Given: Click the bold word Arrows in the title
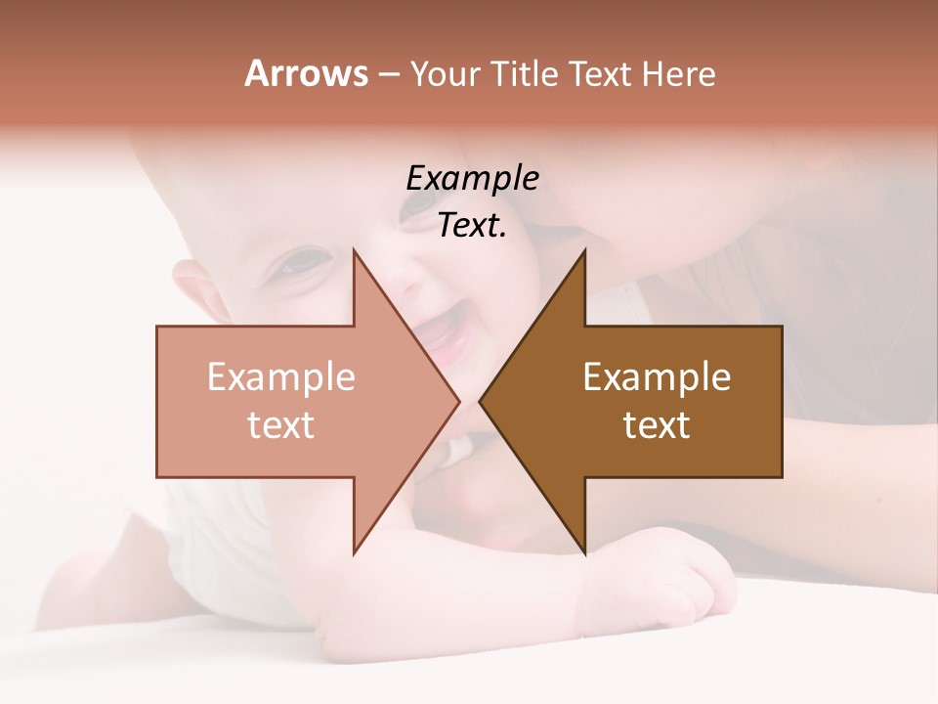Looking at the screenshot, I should click(307, 73).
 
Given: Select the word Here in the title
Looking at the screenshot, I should click(678, 74).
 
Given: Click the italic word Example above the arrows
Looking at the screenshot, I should click(472, 179).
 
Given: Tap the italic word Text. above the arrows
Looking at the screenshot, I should click(472, 226).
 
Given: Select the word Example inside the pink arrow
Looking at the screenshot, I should click(281, 376).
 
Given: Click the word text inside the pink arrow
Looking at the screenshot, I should click(281, 424).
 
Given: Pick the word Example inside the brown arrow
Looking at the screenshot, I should click(657, 376).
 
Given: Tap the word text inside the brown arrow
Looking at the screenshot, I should click(657, 424).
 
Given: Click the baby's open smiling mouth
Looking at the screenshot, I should click(442, 337).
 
